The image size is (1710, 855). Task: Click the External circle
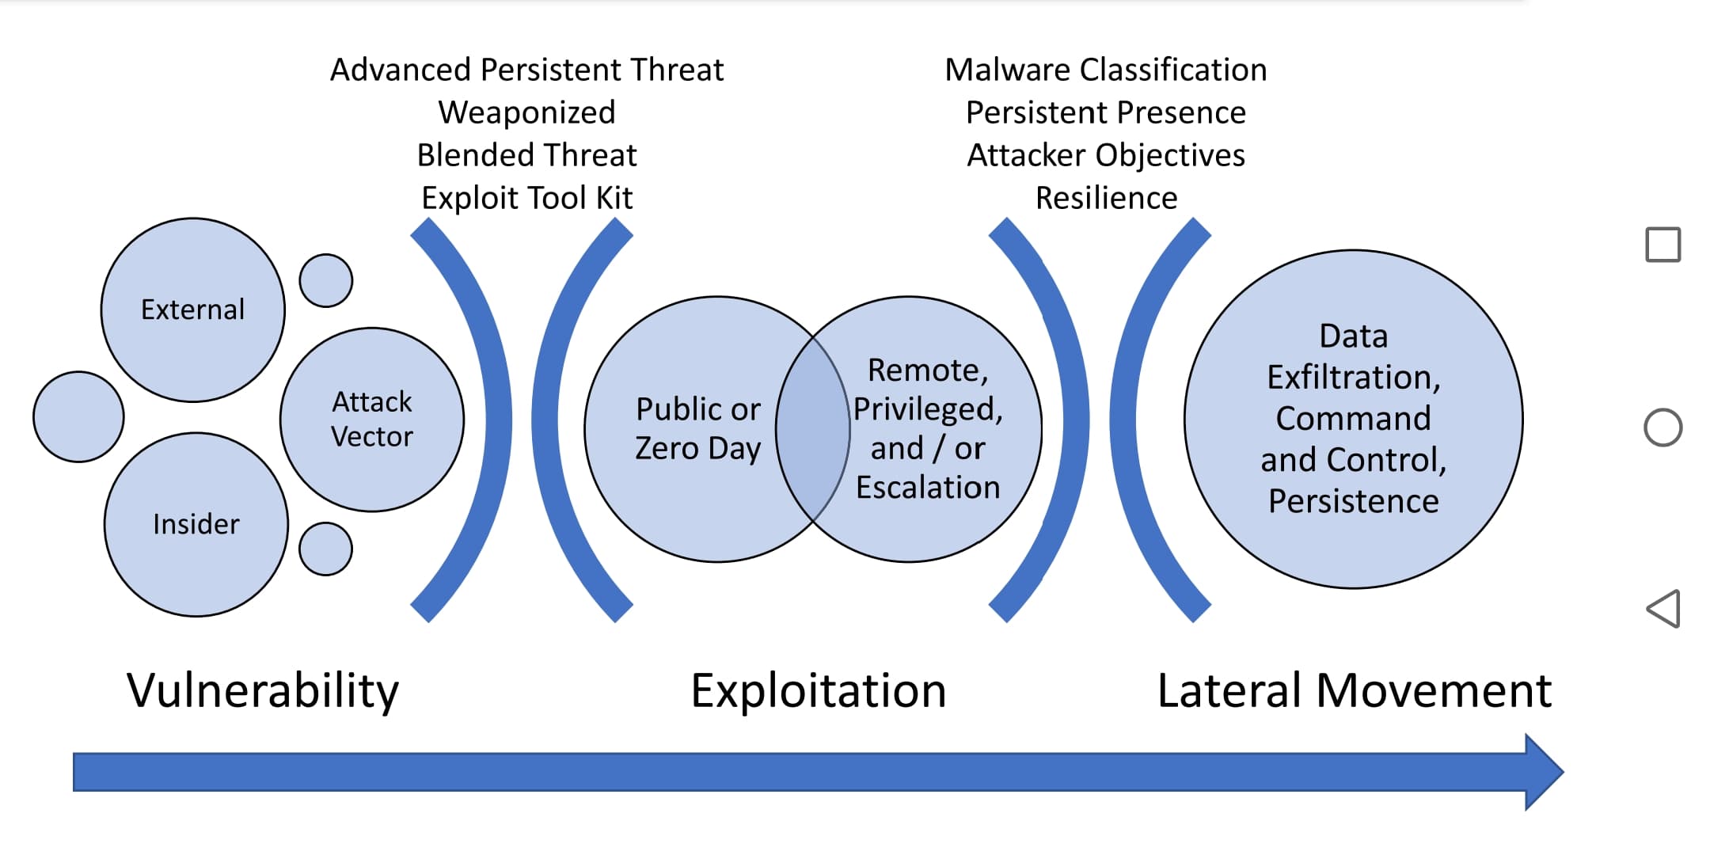pyautogui.click(x=192, y=310)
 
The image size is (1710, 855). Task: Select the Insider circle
pyautogui.click(x=196, y=524)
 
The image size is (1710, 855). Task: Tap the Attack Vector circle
pyautogui.click(x=371, y=420)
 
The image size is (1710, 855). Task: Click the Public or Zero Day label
pyautogui.click(x=697, y=428)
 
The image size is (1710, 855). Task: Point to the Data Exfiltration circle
pyautogui.click(x=1353, y=419)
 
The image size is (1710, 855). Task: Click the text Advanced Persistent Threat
pyautogui.click(x=526, y=70)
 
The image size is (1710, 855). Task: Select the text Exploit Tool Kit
pyautogui.click(x=526, y=198)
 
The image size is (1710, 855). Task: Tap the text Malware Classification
pyautogui.click(x=1105, y=70)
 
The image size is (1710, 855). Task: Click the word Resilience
pyautogui.click(x=1106, y=198)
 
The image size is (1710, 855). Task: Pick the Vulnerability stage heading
pyautogui.click(x=263, y=690)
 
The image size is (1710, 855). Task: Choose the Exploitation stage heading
pyautogui.click(x=818, y=690)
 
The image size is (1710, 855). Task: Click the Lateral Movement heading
pyautogui.click(x=1354, y=690)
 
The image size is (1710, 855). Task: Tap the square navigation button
pyautogui.click(x=1662, y=245)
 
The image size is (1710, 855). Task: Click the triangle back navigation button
pyautogui.click(x=1663, y=609)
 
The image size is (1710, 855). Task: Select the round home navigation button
pyautogui.click(x=1662, y=427)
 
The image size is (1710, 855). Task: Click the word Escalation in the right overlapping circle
pyautogui.click(x=928, y=488)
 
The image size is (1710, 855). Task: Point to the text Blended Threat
pyautogui.click(x=526, y=155)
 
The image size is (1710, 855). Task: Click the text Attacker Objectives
pyautogui.click(x=1105, y=155)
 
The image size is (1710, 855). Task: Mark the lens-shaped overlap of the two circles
pyautogui.click(x=813, y=428)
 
